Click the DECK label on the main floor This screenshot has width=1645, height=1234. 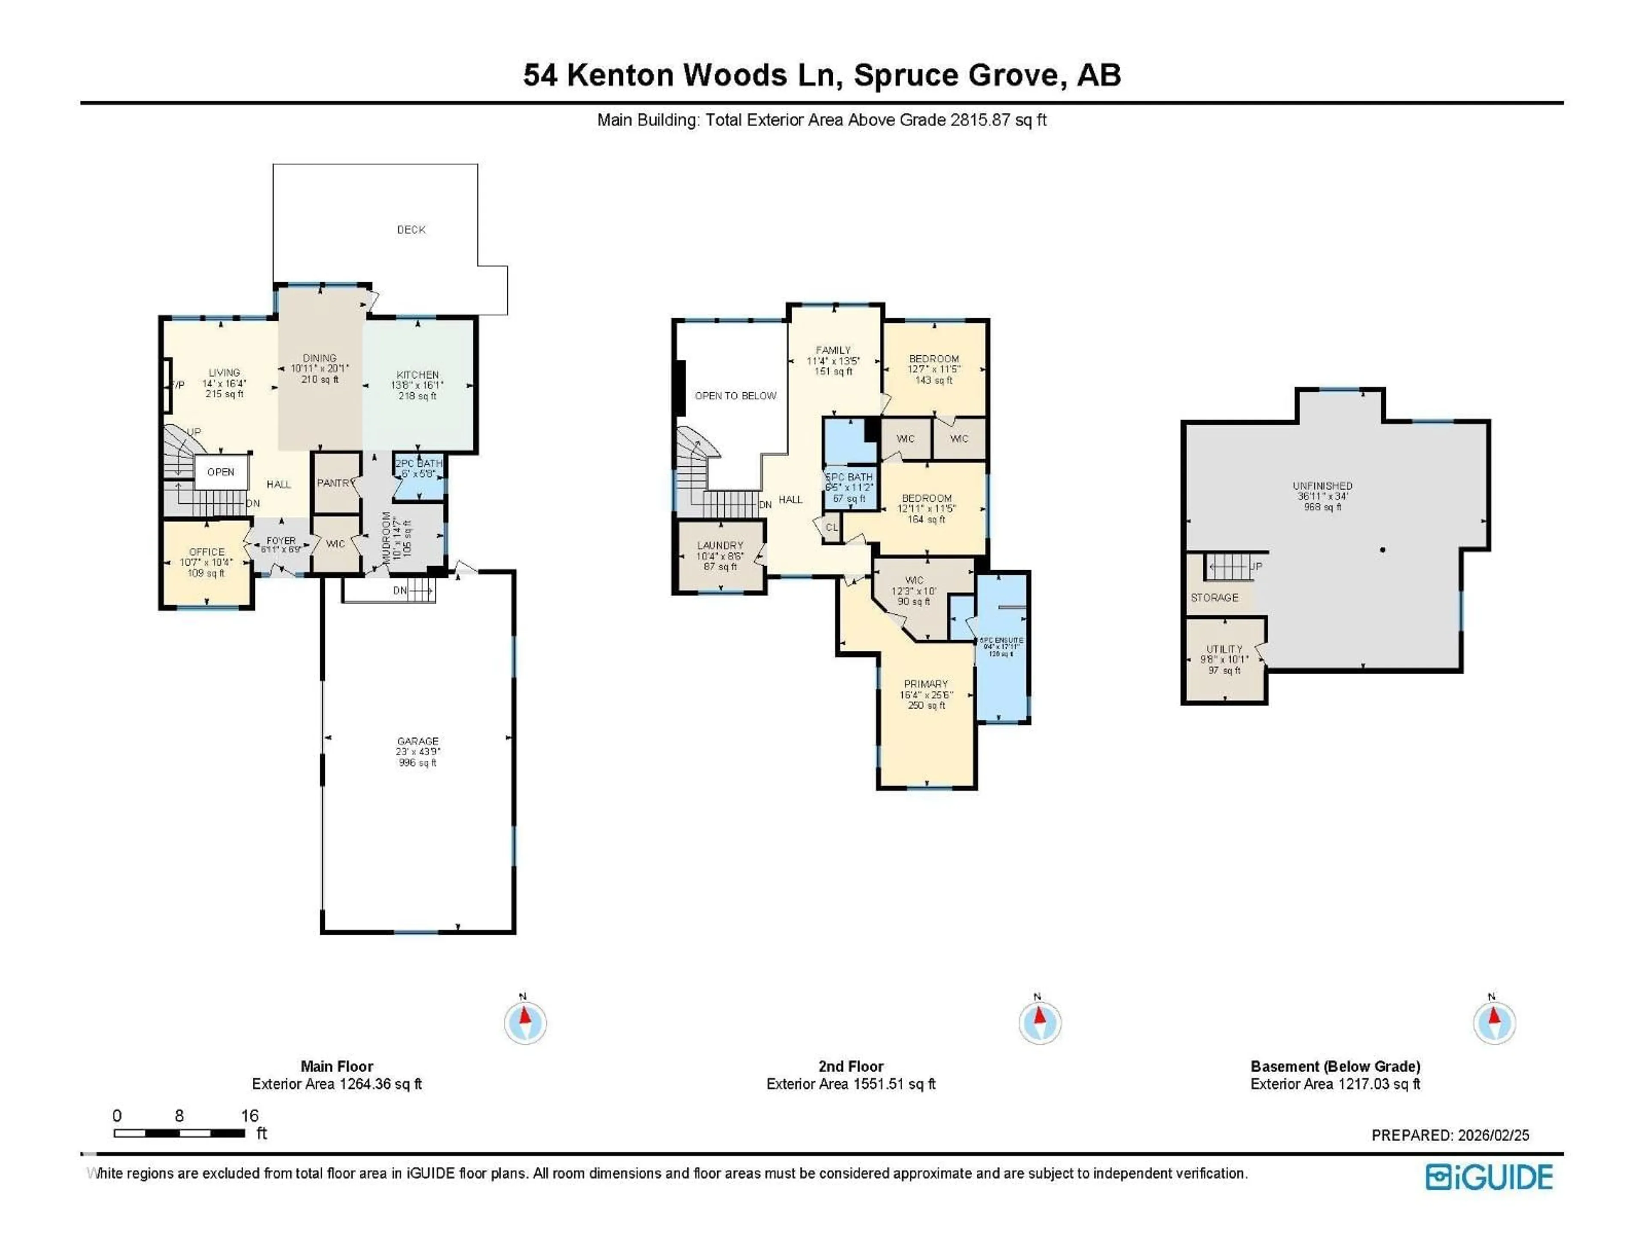click(x=411, y=230)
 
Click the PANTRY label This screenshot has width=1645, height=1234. click(x=334, y=483)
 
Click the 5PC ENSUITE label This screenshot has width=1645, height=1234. click(x=1001, y=641)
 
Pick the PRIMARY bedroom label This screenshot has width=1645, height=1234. click(x=926, y=684)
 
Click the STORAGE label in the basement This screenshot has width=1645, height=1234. click(x=1214, y=598)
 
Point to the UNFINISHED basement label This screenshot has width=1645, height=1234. click(x=1322, y=486)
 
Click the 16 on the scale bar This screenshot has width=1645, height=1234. click(x=250, y=1116)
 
